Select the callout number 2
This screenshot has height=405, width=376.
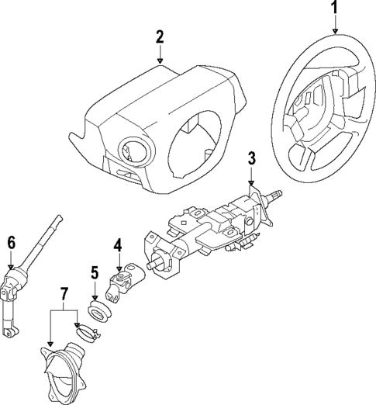(159, 36)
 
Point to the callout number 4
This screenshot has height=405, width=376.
(117, 246)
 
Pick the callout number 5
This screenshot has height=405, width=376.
(94, 272)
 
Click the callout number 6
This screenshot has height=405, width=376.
(11, 241)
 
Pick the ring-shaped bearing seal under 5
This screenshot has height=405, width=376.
(98, 313)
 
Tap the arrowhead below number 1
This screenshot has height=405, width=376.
(335, 30)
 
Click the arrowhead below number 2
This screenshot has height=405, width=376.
(159, 59)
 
